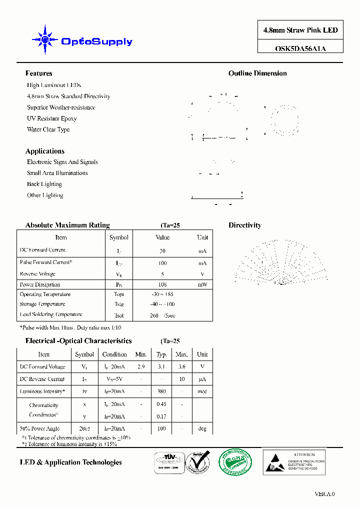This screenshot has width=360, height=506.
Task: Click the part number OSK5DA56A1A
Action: click(300, 48)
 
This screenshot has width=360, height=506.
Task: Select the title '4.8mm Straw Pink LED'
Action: click(300, 30)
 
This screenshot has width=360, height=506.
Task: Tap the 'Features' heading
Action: click(38, 73)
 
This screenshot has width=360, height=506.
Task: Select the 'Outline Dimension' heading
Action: click(257, 73)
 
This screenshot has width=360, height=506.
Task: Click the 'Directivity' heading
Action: click(245, 225)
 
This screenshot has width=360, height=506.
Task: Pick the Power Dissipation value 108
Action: click(162, 284)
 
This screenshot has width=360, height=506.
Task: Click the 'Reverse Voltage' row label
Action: click(37, 274)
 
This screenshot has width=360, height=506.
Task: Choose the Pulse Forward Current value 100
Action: click(162, 263)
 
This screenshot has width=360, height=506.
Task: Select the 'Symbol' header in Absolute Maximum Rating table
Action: click(119, 237)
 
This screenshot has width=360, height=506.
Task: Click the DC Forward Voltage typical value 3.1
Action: click(161, 366)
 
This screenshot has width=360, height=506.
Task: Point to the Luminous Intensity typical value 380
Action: click(161, 391)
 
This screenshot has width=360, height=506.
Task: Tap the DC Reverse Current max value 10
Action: click(182, 379)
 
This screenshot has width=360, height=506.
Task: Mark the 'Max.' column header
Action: click(182, 354)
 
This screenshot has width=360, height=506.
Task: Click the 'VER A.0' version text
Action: click(324, 494)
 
